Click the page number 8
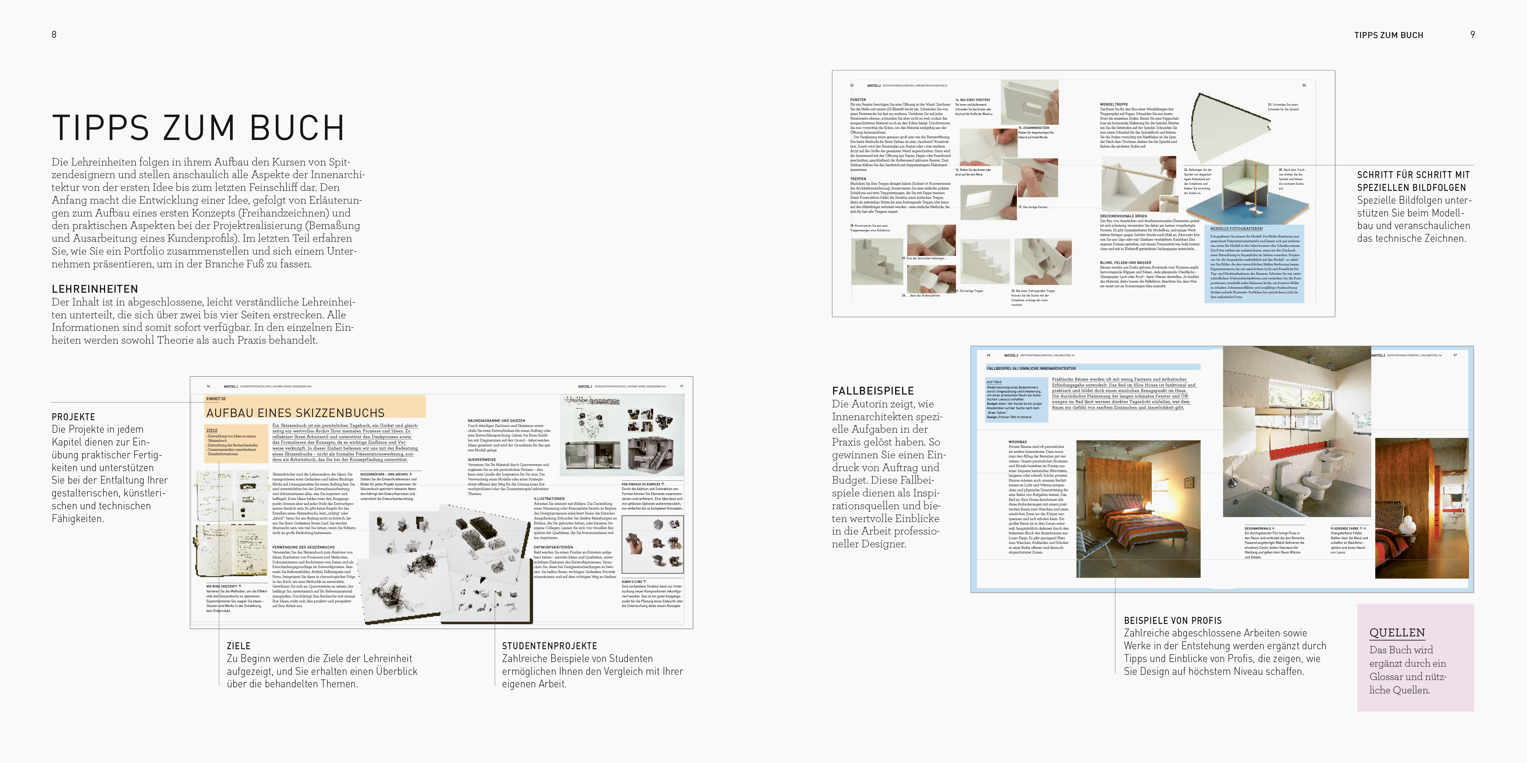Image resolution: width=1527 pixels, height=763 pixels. coord(54,34)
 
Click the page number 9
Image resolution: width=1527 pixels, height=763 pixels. coord(1473,34)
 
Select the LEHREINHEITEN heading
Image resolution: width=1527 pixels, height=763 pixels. coord(95,289)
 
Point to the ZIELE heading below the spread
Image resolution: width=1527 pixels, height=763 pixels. coord(238,646)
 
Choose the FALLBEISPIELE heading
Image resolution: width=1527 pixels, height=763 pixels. coord(873,391)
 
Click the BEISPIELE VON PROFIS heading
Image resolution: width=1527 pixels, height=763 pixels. coord(1173,621)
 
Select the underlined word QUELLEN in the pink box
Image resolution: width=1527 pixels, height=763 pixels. coord(1397,633)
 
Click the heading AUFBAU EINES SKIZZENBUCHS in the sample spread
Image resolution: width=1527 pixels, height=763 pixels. coord(295,413)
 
